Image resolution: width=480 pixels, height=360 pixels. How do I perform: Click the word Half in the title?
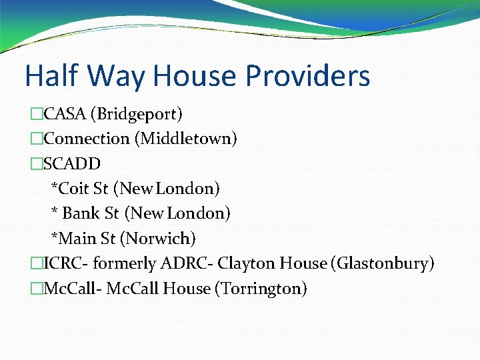tap(53, 76)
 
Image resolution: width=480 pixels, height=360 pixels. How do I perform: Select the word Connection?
tap(87, 139)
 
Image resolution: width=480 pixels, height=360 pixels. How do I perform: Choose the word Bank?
tap(81, 213)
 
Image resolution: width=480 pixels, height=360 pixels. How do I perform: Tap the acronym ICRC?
tap(63, 263)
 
